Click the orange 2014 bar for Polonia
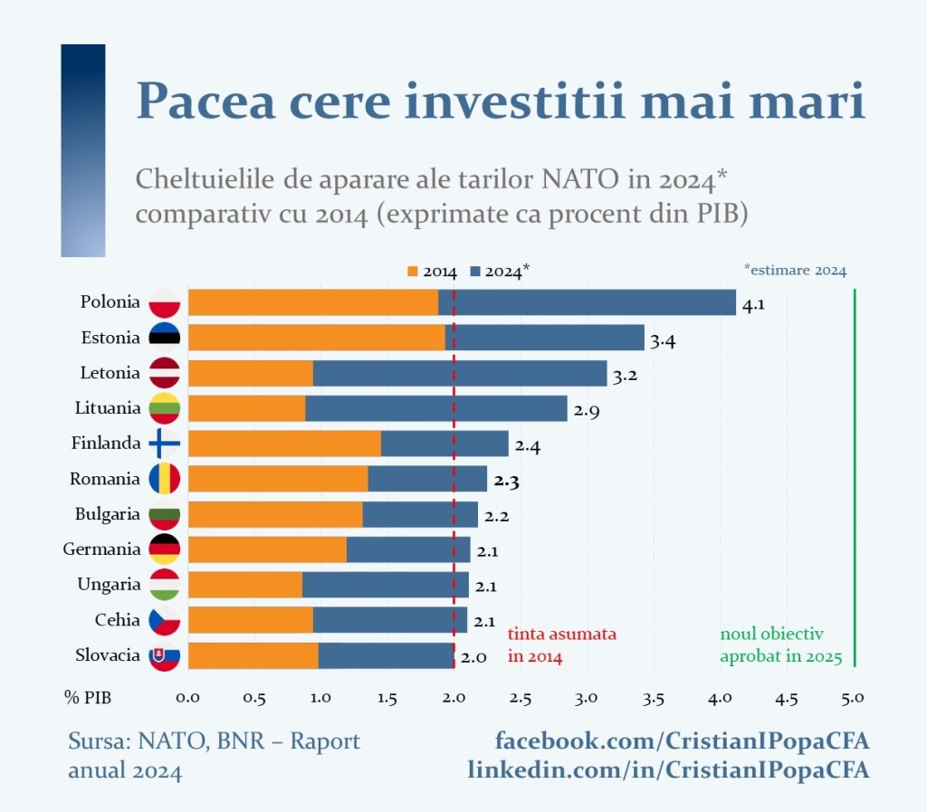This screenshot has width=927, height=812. [312, 302]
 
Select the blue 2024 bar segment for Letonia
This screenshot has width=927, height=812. [460, 373]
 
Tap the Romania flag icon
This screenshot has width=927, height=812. [165, 479]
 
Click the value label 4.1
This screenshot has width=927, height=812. [753, 305]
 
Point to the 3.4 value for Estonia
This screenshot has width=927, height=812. [663, 340]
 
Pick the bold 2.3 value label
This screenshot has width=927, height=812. [506, 482]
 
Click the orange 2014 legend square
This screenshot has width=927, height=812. [414, 271]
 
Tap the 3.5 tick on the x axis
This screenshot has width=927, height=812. [654, 698]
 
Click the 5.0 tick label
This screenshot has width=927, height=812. [853, 698]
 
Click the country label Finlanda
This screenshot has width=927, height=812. [106, 444]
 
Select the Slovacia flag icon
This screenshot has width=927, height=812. [165, 656]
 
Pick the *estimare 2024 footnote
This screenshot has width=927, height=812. [795, 270]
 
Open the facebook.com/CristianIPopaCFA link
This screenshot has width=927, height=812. [682, 741]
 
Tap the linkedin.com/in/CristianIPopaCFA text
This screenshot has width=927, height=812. [668, 770]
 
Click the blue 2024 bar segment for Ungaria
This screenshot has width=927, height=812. [386, 585]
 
